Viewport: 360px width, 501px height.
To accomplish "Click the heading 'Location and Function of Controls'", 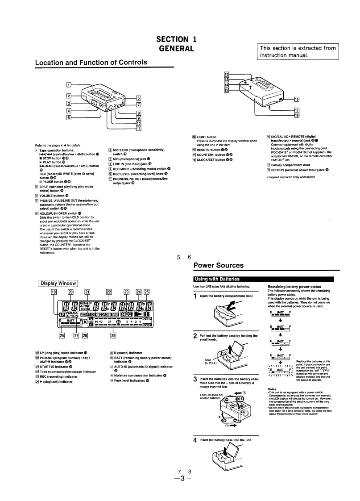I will (x=91, y=62).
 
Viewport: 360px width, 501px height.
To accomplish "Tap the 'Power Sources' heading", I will (x=219, y=266).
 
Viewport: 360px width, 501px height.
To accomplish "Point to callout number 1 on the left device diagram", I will (x=69, y=85).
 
